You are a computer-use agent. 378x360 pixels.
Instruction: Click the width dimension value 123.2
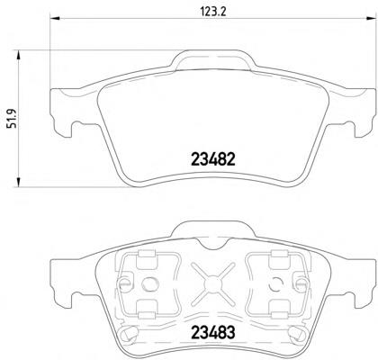[212, 12]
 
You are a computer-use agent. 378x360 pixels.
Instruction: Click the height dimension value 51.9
[13, 119]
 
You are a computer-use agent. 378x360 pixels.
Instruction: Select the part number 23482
[213, 159]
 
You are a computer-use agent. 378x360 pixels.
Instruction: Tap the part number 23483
[213, 332]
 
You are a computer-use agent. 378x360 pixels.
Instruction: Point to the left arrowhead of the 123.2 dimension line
[55, 19]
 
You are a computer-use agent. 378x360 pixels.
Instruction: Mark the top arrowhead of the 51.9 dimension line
[19, 56]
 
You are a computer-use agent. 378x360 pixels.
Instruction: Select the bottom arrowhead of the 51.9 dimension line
[19, 182]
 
